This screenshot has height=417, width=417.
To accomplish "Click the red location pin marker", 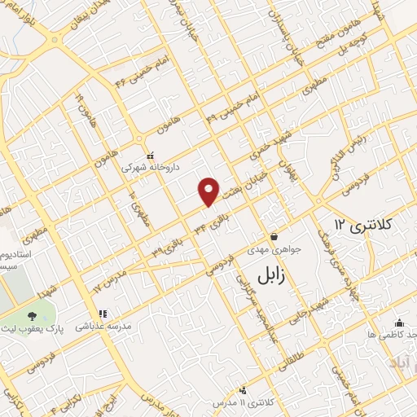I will pyautogui.click(x=209, y=191).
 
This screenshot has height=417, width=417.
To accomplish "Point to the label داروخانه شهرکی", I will pyautogui.click(x=148, y=167).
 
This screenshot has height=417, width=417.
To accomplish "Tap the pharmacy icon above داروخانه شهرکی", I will pyautogui.click(x=149, y=155).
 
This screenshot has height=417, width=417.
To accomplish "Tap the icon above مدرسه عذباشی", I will pyautogui.click(x=103, y=314).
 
